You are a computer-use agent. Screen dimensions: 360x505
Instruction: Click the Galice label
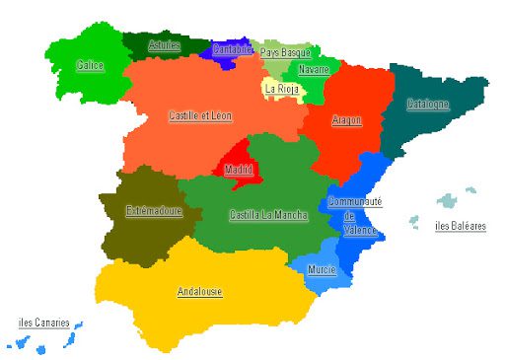click(x=90, y=66)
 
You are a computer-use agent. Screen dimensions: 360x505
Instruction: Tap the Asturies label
click(x=164, y=45)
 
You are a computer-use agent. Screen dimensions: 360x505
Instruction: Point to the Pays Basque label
click(x=285, y=52)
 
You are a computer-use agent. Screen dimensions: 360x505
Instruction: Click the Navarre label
click(x=313, y=69)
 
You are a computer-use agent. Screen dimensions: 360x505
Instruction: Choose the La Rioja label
click(x=281, y=88)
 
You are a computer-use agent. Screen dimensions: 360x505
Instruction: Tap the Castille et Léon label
click(x=200, y=115)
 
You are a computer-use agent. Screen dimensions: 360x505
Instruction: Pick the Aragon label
click(x=346, y=120)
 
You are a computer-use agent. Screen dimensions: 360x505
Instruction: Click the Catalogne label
click(x=428, y=104)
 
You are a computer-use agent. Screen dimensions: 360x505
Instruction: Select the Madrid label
click(x=238, y=170)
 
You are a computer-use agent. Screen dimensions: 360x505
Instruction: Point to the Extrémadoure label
click(x=154, y=210)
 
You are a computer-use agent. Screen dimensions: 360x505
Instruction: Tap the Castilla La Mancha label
click(x=267, y=214)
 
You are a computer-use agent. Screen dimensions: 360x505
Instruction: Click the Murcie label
click(x=322, y=269)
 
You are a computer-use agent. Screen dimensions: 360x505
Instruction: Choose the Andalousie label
click(x=199, y=292)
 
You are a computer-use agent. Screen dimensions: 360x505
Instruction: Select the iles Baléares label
click(x=461, y=226)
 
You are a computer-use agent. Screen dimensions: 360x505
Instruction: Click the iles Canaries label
click(x=44, y=322)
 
